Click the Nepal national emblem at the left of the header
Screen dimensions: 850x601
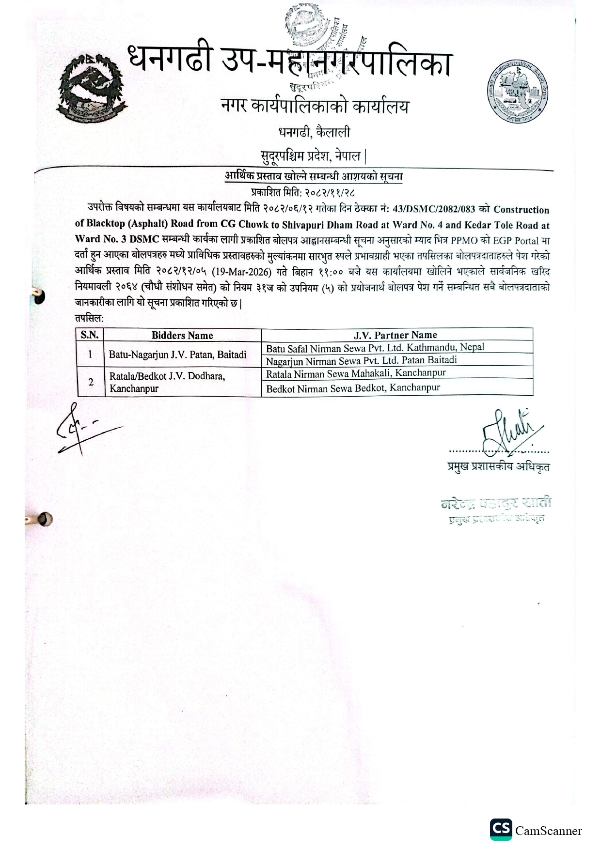pos(92,90)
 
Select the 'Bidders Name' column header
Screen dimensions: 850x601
pos(182,335)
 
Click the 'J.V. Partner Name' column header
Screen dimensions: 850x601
pos(395,335)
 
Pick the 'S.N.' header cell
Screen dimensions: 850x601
pos(90,335)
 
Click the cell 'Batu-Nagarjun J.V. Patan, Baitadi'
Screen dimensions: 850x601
pos(178,355)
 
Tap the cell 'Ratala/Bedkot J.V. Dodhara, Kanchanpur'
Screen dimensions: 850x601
pos(167,382)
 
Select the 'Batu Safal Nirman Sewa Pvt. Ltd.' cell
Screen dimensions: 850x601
pos(375,347)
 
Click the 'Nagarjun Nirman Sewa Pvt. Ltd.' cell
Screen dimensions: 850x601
pos(362,360)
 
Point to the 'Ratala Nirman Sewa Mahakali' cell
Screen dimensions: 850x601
pos(356,373)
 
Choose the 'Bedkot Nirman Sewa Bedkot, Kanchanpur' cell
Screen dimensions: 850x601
pos(353,388)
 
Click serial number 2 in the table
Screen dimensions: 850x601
pos(91,382)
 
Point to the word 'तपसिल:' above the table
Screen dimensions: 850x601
pos(89,318)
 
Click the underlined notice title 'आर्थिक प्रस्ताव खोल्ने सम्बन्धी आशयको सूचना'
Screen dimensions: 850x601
pos(314,176)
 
